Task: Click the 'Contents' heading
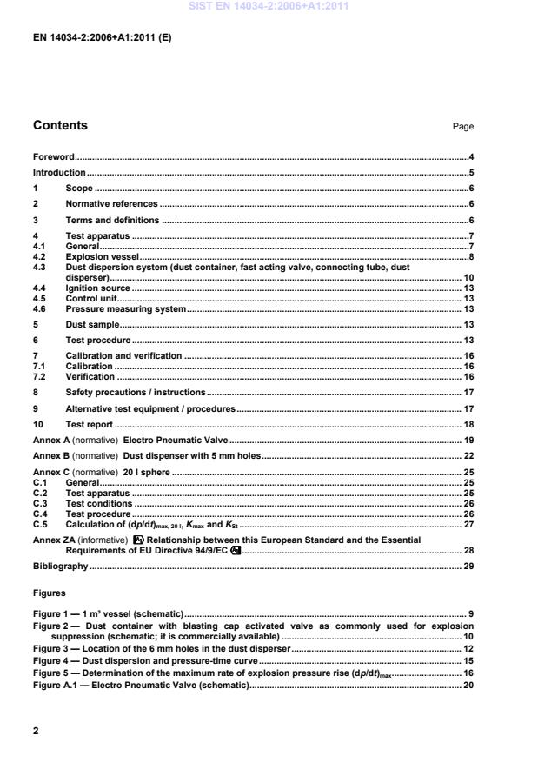coord(60,125)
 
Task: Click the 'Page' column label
coord(463,127)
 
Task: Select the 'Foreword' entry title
coord(54,157)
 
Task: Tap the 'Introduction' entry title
coord(59,173)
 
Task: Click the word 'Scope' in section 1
coord(79,189)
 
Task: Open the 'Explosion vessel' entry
coord(103,258)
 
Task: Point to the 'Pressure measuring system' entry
coord(125,308)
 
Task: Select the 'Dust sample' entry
coord(92,324)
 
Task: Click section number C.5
coord(40,524)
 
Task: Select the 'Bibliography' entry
coord(60,567)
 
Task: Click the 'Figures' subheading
coord(50,593)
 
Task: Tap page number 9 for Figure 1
coord(470,615)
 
